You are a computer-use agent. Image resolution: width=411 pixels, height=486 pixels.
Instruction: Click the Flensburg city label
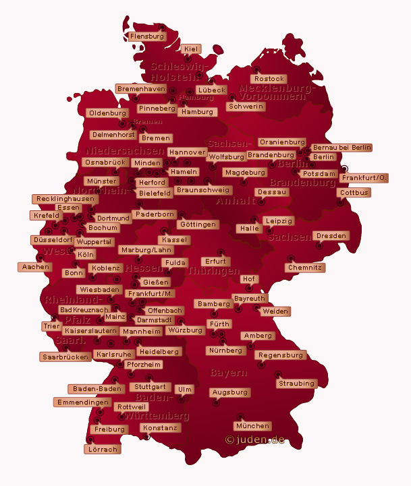pyautogui.click(x=147, y=36)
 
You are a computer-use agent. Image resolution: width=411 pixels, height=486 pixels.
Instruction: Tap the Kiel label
pyautogui.click(x=191, y=49)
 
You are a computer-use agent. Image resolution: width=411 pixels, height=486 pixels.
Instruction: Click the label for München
pyautogui.click(x=253, y=426)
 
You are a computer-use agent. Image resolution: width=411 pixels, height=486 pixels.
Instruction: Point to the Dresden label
pyautogui.click(x=331, y=236)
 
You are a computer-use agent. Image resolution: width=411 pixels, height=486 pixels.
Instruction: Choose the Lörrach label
pyautogui.click(x=102, y=449)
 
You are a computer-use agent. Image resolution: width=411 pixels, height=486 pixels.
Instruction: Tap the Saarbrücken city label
pyautogui.click(x=65, y=357)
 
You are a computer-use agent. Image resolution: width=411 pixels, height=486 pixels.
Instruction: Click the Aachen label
pyautogui.click(x=36, y=267)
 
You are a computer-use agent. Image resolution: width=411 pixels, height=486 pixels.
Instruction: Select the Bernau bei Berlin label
pyautogui.click(x=341, y=148)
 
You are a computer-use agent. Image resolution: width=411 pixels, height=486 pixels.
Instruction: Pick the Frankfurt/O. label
pyautogui.click(x=364, y=178)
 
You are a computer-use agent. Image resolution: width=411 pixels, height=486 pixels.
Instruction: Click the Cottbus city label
pyautogui.click(x=354, y=193)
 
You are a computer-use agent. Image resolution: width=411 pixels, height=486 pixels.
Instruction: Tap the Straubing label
pyautogui.click(x=296, y=384)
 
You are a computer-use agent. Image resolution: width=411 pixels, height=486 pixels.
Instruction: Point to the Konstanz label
pyautogui.click(x=161, y=428)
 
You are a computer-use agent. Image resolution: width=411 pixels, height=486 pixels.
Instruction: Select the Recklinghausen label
pyautogui.click(x=64, y=199)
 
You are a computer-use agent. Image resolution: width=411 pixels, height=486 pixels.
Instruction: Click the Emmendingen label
pyautogui.click(x=83, y=402)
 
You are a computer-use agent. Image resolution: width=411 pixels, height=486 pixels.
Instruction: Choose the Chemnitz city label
pyautogui.click(x=306, y=268)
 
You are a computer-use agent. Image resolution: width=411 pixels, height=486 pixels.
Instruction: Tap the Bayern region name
pyautogui.click(x=229, y=372)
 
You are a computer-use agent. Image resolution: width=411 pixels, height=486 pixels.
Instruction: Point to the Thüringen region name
pyautogui.click(x=213, y=271)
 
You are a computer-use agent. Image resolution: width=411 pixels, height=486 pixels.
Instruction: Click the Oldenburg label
pyautogui.click(x=108, y=113)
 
